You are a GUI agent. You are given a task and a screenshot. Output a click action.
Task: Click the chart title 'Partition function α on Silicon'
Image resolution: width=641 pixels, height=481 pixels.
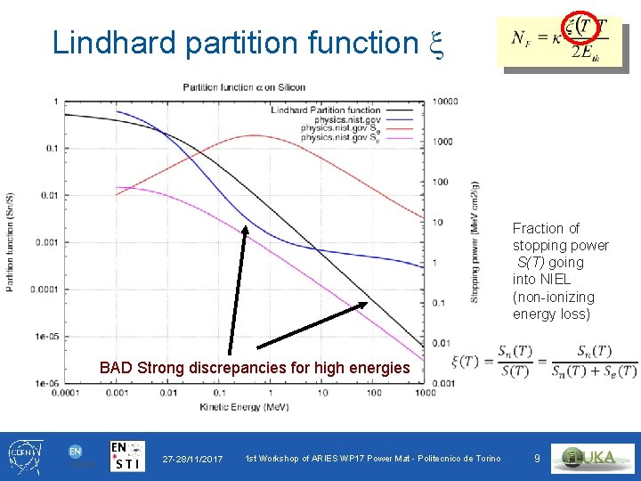244,87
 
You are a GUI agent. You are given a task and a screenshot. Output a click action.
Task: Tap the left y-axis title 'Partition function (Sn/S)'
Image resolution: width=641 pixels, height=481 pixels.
11,240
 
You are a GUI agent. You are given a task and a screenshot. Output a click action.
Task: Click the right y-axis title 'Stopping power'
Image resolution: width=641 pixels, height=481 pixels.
475,267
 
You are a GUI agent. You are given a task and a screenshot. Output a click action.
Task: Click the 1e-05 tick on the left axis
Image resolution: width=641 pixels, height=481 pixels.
44,337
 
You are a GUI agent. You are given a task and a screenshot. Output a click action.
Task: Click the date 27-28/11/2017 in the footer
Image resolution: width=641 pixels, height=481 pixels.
192,458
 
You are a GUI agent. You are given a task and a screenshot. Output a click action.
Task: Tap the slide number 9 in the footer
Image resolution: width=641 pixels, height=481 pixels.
537,458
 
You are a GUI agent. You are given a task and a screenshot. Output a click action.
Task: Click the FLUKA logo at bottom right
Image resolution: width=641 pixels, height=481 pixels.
595,457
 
